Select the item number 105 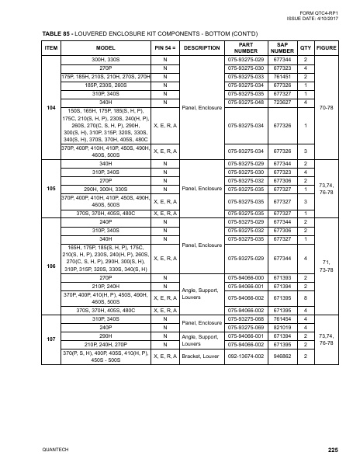(51, 187)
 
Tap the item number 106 (51, 266)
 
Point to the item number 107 (51, 339)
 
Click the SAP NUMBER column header (283, 48)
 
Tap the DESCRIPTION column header (201, 48)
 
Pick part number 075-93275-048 (245, 102)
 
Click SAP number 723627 (283, 102)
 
